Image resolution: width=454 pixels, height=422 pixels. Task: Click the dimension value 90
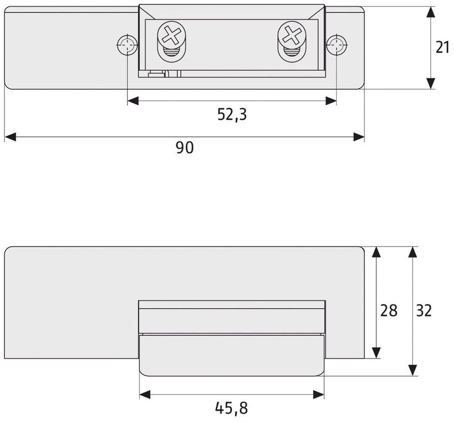[185, 148]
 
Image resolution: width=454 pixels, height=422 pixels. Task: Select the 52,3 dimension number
[232, 114]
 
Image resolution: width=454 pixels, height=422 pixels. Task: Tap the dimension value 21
[442, 47]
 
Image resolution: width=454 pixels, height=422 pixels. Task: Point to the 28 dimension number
[389, 310]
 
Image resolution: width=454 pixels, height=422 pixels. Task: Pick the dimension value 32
[424, 310]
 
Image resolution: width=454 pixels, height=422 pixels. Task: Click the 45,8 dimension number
[232, 408]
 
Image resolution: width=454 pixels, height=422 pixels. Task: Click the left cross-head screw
[171, 35]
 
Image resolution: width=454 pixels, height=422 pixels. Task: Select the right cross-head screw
[291, 35]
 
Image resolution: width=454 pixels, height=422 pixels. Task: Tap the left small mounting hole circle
[127, 45]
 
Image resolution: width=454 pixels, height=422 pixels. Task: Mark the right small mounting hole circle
[336, 45]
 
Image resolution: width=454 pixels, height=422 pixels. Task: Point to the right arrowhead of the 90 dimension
[359, 137]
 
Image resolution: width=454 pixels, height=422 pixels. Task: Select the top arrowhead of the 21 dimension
[431, 12]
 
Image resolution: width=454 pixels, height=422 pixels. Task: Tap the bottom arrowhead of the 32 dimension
[412, 370]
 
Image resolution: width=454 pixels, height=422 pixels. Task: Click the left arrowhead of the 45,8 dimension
[145, 395]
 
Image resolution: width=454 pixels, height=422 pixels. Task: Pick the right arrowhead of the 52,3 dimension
[331, 101]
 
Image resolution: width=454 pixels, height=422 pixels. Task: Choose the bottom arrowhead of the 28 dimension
[376, 353]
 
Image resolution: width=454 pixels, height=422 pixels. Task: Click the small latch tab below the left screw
[157, 74]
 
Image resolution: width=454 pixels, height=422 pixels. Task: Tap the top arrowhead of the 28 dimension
[376, 252]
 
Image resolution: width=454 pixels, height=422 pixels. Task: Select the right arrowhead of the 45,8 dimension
[319, 395]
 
